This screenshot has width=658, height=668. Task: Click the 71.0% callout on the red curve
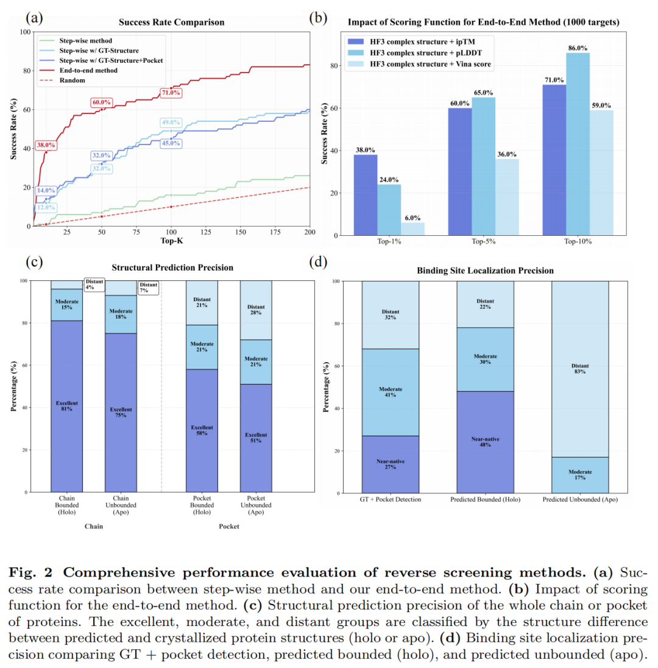coord(171,93)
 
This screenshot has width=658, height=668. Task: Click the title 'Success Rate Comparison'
coord(171,23)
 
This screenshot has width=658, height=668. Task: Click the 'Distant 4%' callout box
coord(94,284)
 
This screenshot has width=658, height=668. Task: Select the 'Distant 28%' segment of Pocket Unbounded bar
coord(256,310)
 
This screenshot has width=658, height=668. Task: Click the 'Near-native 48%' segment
coord(485,441)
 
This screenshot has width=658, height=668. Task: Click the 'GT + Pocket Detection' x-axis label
coord(390,499)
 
